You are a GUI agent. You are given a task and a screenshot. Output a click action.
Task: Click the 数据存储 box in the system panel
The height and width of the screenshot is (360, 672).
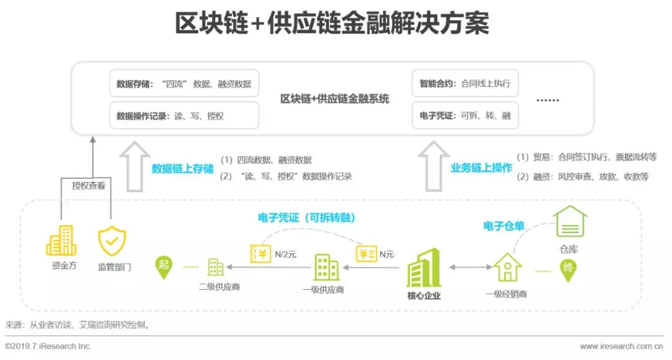pos(184,84)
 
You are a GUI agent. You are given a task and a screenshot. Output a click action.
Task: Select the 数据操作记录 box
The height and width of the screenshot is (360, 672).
pos(184,116)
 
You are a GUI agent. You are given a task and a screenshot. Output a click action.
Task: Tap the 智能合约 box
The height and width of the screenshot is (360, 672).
pos(465,84)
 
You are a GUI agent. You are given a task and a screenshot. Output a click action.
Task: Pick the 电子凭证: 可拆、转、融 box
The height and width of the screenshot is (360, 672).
pos(465,116)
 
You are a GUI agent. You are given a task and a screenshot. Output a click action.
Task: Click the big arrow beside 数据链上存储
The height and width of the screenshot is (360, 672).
pos(135,166)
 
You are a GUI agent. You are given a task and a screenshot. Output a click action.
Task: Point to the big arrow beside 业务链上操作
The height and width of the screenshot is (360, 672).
pos(433,166)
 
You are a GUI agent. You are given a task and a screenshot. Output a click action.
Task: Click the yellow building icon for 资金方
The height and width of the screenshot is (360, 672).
pos(61,241)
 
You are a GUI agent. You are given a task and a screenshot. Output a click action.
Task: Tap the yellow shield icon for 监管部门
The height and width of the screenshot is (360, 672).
pos(112,241)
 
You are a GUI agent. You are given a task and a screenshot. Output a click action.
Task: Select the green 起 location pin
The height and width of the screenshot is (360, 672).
pos(164,265)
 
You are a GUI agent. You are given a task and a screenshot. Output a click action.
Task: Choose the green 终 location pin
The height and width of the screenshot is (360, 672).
pos(567,269)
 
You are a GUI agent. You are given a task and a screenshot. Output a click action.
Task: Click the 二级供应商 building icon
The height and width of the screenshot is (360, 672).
pos(215,267)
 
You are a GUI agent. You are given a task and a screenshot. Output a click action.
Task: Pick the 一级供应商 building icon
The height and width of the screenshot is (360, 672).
pos(327,267)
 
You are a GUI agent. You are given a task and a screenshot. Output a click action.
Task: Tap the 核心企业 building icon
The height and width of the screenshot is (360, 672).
pos(424,268)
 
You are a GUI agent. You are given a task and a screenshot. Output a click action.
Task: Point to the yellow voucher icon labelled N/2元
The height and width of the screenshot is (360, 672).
pos(261,254)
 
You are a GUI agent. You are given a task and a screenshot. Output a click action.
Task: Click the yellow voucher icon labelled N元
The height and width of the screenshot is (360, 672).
pos(366,254)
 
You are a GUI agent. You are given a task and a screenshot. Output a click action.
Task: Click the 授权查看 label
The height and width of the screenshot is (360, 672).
pos(88,185)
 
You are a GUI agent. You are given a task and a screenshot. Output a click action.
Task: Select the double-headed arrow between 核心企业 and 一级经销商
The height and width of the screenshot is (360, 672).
pos(470,267)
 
